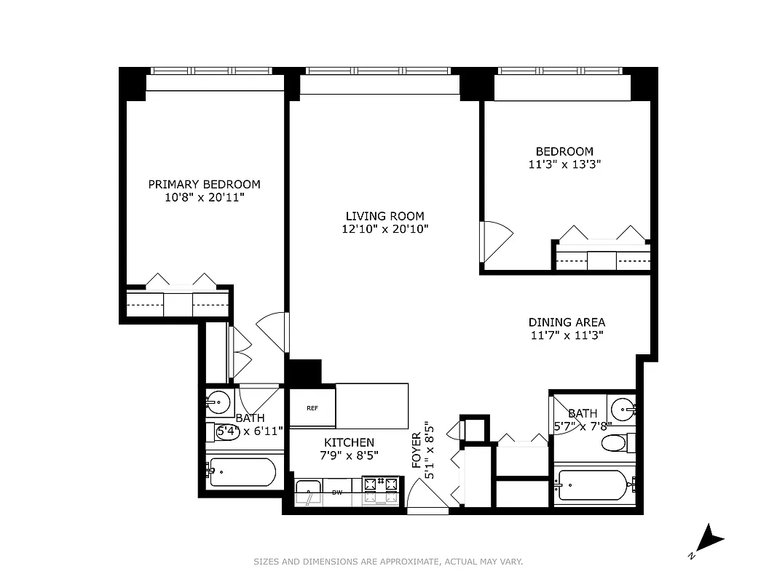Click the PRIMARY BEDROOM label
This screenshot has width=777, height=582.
[x=204, y=184]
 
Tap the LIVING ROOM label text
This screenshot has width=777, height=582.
[x=384, y=216]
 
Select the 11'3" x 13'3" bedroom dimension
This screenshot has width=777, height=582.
[x=564, y=164]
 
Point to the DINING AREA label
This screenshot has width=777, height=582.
[x=567, y=322]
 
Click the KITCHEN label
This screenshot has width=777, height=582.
[x=349, y=442]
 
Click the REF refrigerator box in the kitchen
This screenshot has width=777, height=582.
[x=312, y=408]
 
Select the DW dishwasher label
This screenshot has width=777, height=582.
[x=337, y=493]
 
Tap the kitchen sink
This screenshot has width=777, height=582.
[x=309, y=492]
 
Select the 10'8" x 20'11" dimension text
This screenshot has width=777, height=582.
[x=204, y=197]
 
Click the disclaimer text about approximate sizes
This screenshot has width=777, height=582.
[x=388, y=562]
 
